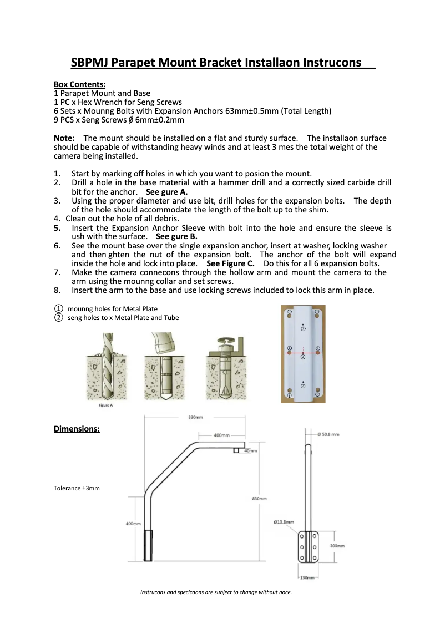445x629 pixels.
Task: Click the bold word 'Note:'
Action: (x=64, y=138)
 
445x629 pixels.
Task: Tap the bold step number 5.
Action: (x=57, y=227)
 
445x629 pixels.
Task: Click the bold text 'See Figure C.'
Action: (x=230, y=263)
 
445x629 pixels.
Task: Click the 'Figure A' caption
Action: (x=105, y=405)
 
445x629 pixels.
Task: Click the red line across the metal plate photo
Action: (x=303, y=352)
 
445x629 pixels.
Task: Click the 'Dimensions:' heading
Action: (x=77, y=429)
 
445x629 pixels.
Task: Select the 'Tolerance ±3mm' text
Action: (x=77, y=488)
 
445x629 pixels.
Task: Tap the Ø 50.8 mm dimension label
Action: (x=328, y=435)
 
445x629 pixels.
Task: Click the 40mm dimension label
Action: (x=251, y=451)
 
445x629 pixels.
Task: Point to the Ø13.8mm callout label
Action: (x=284, y=522)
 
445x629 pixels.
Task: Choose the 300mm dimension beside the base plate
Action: (x=337, y=546)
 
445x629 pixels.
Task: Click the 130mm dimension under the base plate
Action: (x=307, y=578)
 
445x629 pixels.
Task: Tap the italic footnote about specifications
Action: (x=216, y=592)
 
